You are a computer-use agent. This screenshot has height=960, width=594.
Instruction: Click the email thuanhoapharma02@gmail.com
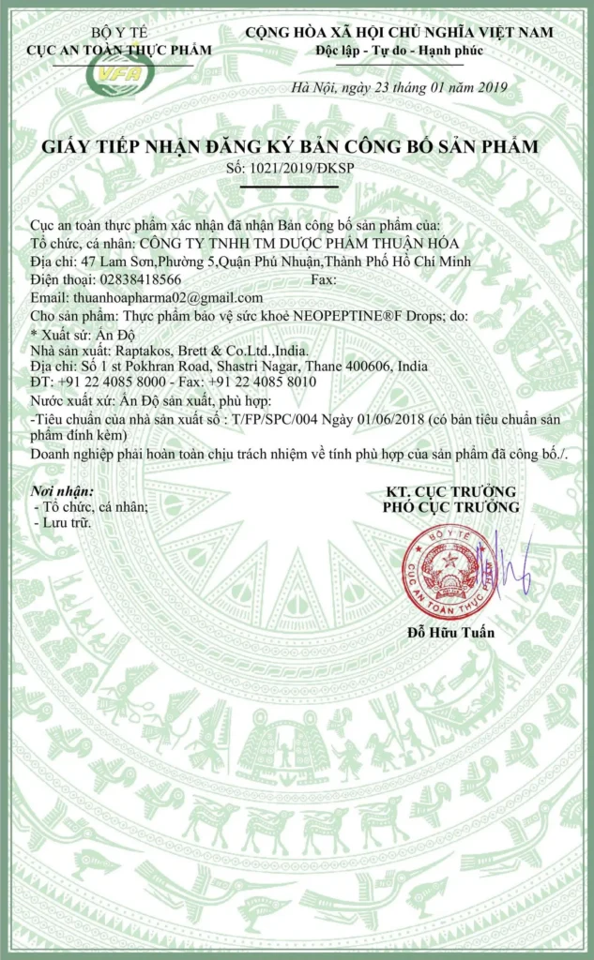(165, 297)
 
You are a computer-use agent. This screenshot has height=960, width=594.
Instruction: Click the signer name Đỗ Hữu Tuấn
(451, 633)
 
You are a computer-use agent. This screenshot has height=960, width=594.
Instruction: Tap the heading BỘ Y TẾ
(118, 33)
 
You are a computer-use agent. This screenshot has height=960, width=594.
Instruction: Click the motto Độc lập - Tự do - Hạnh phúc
(400, 50)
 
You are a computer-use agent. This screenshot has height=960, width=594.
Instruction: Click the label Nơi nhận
(63, 491)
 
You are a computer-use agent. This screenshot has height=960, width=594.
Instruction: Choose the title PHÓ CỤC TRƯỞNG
(450, 507)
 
